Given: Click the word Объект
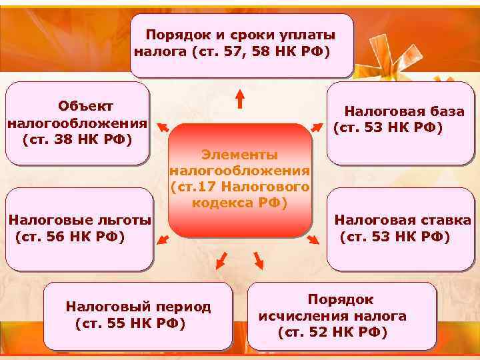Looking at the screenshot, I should pyautogui.click(x=85, y=107).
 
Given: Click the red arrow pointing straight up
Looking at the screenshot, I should pyautogui.click(x=240, y=100).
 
